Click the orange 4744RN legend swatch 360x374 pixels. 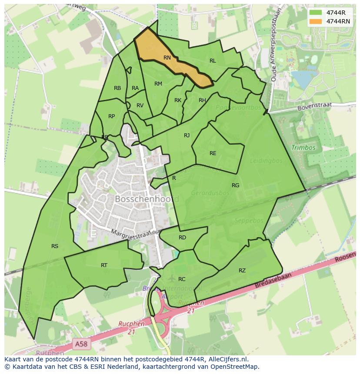coord(316,21)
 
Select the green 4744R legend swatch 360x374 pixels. coord(316,13)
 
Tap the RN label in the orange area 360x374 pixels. coord(167,58)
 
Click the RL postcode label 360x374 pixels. coord(213,61)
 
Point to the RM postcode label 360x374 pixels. coord(158,84)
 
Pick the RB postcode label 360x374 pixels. coord(117,88)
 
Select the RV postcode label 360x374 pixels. coord(140,106)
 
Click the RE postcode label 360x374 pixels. coord(213,153)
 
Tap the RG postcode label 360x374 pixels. coord(235,185)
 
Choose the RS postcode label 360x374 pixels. coord(55,246)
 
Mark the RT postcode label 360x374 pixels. coord(104,265)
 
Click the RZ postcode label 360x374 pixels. coord(242,271)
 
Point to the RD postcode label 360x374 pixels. coord(182,238)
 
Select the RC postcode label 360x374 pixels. coord(182,279)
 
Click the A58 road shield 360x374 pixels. coord(81,344)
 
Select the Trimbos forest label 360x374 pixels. coord(303,148)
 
